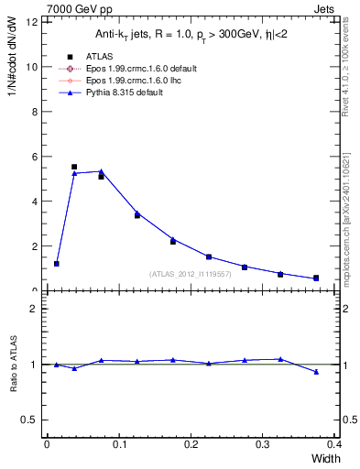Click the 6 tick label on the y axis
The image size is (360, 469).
pyautogui.click(x=35, y=157)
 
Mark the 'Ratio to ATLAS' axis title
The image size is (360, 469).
pyautogui.click(x=14, y=364)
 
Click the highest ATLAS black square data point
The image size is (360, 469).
pyautogui.click(x=74, y=167)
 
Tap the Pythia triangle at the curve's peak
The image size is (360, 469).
pyautogui.click(x=101, y=171)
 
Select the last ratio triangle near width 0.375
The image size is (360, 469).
pyautogui.click(x=316, y=372)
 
